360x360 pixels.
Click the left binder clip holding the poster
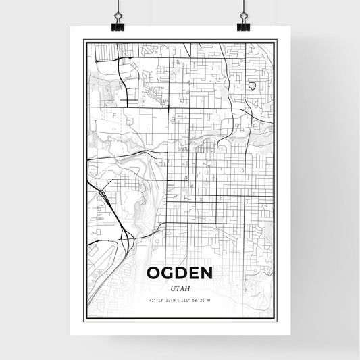(x=118, y=25)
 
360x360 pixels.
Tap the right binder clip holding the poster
(x=243, y=25)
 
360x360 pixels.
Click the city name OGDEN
(x=180, y=274)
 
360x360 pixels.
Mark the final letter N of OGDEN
(x=206, y=274)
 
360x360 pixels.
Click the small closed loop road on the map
(x=251, y=86)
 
